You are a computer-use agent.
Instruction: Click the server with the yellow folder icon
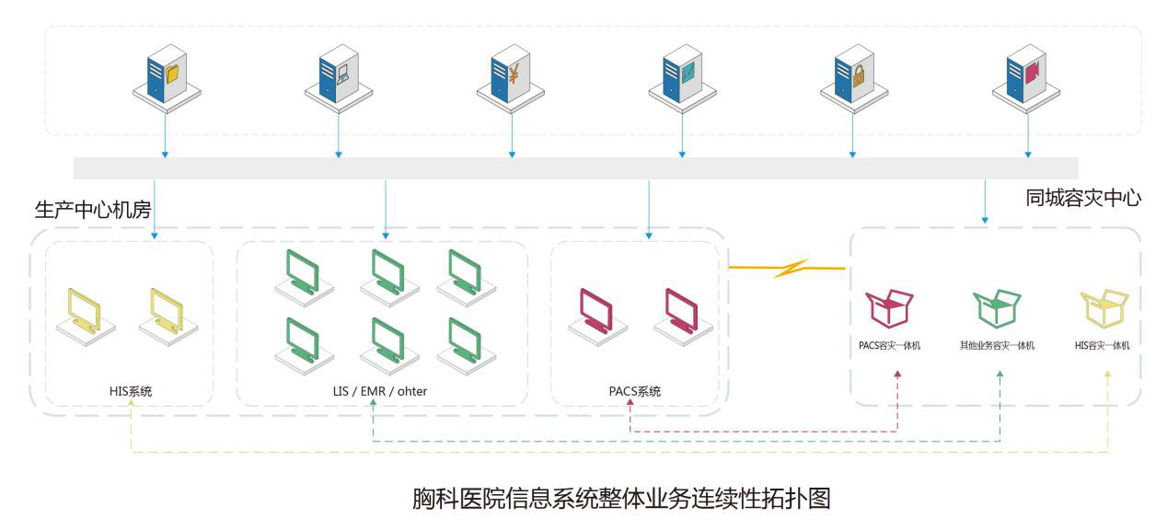(167, 77)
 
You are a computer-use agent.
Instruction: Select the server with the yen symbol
(510, 77)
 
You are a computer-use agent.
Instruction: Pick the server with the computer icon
(338, 77)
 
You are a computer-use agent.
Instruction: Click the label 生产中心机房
(92, 209)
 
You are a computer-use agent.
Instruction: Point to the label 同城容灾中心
(1083, 198)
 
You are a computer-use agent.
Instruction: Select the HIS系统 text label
(130, 391)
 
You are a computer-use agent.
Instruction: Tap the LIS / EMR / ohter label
(380, 391)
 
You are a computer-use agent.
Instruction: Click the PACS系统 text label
(634, 391)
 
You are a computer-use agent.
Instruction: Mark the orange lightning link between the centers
(787, 269)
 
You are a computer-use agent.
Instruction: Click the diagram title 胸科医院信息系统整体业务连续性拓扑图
(622, 499)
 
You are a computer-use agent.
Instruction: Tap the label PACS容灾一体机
(889, 346)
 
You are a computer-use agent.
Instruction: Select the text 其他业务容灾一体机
(998, 346)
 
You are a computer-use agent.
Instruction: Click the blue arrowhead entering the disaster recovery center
(985, 221)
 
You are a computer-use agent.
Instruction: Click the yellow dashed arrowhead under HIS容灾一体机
(1107, 374)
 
